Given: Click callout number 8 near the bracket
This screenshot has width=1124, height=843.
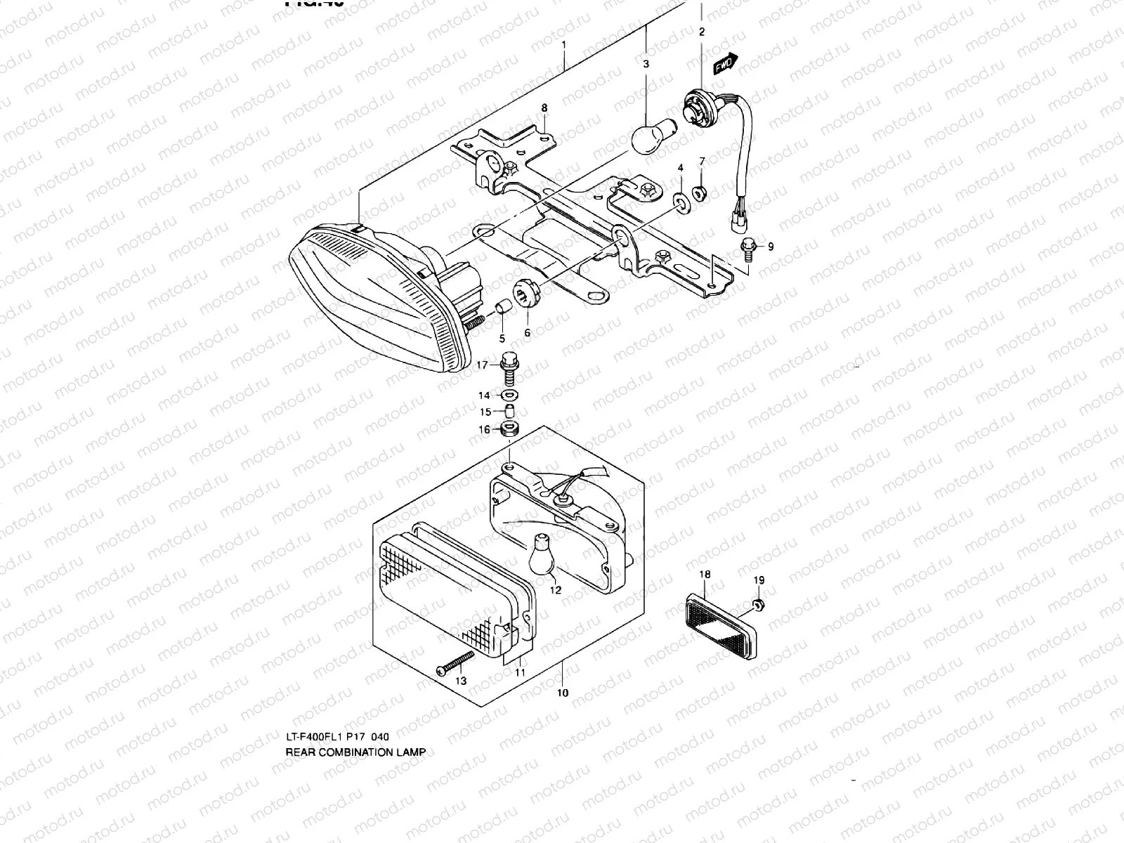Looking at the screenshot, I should pyautogui.click(x=544, y=107).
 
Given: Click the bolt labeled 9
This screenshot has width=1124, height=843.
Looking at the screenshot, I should pyautogui.click(x=747, y=247).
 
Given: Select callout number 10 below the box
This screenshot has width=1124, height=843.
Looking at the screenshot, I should pyautogui.click(x=563, y=693).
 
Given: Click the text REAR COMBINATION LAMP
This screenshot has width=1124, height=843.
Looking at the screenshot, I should pyautogui.click(x=355, y=752).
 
